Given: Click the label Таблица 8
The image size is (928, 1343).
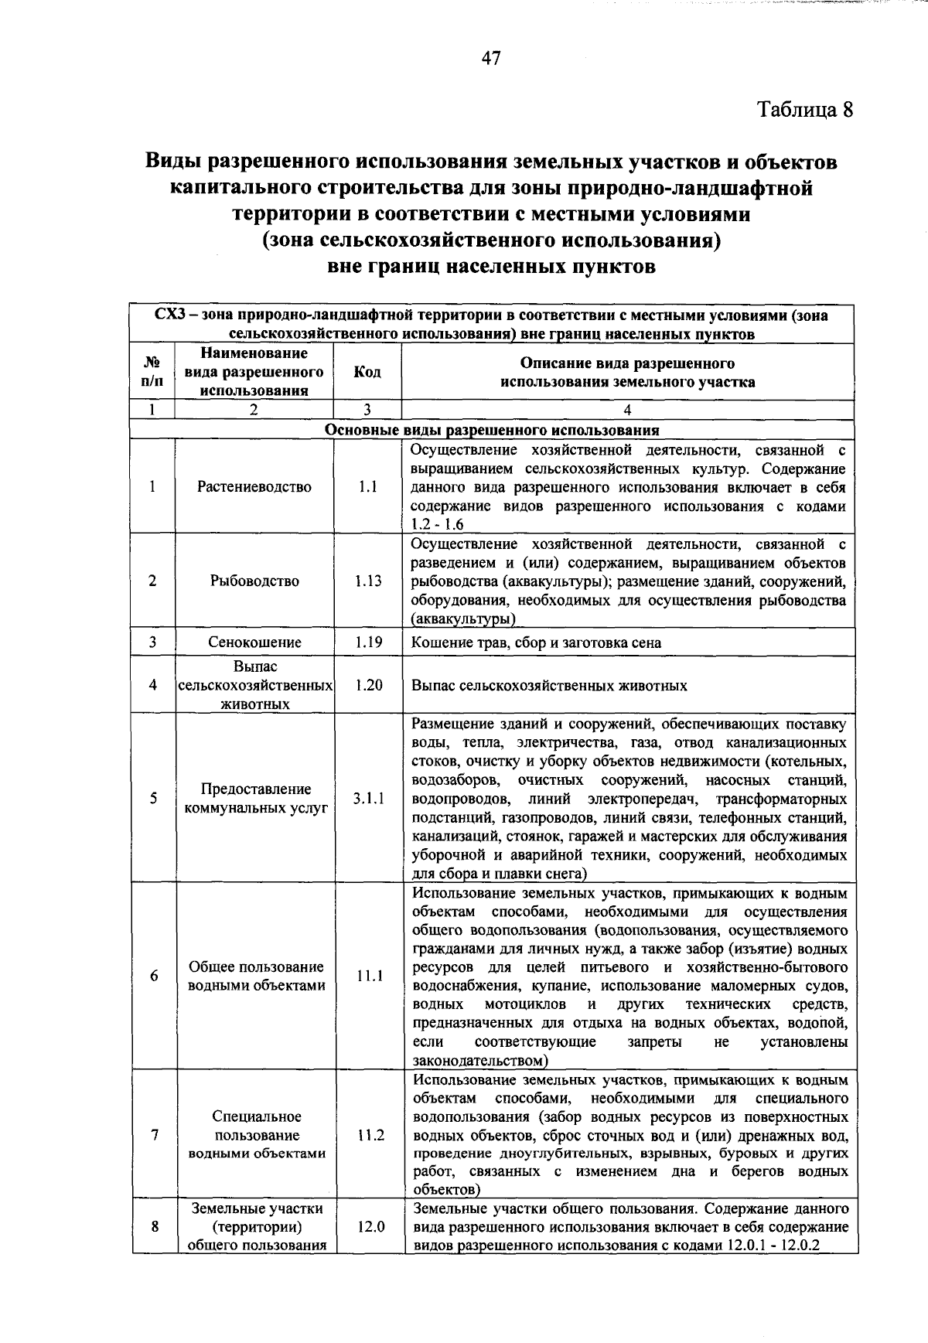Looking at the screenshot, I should [805, 109].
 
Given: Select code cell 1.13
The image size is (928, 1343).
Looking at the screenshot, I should [368, 581].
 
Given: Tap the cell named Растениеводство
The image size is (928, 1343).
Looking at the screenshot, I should [254, 487].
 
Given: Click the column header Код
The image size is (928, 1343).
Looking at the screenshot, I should [367, 373].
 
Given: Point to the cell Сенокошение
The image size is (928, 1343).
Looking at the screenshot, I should [254, 643].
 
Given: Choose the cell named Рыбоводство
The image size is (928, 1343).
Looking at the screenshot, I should [254, 581].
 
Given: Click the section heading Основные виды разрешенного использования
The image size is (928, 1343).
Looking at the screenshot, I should [492, 431].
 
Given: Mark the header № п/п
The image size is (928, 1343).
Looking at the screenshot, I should [152, 373].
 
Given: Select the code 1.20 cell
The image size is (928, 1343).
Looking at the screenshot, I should [368, 685].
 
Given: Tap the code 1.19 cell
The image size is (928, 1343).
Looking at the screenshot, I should [368, 643].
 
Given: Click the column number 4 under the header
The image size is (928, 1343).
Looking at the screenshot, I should [627, 411].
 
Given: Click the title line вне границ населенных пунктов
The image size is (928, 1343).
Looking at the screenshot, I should [492, 268].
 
